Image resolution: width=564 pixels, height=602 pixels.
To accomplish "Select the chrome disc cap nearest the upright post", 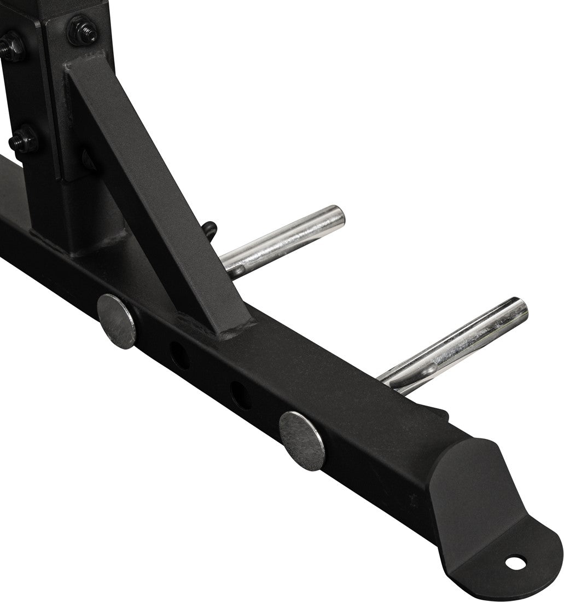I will [116, 321].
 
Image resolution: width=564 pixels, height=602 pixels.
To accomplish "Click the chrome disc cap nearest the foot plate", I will [301, 440].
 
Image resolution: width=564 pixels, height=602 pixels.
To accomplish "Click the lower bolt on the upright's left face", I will [23, 139].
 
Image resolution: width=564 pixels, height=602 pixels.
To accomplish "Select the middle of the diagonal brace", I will [148, 192].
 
